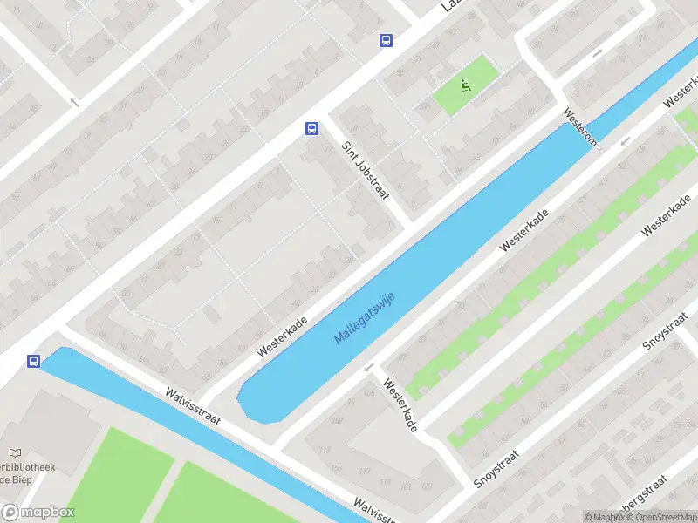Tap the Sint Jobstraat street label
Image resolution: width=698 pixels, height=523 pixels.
pyautogui.click(x=365, y=171)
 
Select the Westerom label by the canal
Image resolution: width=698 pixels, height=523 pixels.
pyautogui.click(x=579, y=127)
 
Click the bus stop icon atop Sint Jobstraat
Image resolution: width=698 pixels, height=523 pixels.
pyautogui.click(x=311, y=128)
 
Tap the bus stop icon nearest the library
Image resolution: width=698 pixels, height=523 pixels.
pyautogui.click(x=34, y=361)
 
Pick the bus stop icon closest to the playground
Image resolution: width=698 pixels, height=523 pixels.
pyautogui.click(x=386, y=40)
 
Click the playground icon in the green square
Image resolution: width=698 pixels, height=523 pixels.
pyautogui.click(x=465, y=85)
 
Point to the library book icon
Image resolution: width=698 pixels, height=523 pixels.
pyautogui.click(x=14, y=453)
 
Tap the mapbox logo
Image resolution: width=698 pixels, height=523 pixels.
pyautogui.click(x=38, y=513)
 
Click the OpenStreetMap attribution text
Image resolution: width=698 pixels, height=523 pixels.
pyautogui.click(x=660, y=517)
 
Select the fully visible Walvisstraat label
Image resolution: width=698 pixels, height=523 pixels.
pyautogui.click(x=192, y=405)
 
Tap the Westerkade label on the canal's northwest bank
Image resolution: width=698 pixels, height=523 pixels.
pyautogui.click(x=283, y=336)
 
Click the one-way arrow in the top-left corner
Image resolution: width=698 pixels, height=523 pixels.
pyautogui.click(x=73, y=102)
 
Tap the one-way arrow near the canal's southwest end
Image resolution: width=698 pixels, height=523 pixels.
pyautogui.click(x=370, y=367)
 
